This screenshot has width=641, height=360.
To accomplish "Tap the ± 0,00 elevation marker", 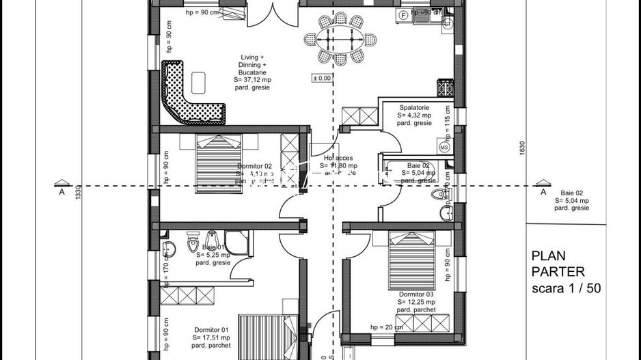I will coord(322,78).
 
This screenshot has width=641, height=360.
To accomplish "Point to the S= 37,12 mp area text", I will coord(253,79).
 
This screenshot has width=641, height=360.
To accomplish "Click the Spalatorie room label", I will coord(415,108).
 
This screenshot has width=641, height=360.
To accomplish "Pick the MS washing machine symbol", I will coord(444,147).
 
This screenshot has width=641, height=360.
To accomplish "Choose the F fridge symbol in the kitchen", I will coord(403,14).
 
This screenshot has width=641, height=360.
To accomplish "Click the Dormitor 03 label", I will coord(415,294).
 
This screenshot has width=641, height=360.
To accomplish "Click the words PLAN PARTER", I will coord(558,264).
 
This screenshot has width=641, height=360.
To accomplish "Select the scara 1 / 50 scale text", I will coord(566,288).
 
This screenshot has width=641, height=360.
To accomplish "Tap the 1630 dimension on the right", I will coord(522,147).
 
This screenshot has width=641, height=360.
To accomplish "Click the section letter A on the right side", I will coord(543,193).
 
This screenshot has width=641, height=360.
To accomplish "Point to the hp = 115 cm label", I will coord(448,120).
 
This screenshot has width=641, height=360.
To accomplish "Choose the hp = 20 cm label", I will coord(386,327).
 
